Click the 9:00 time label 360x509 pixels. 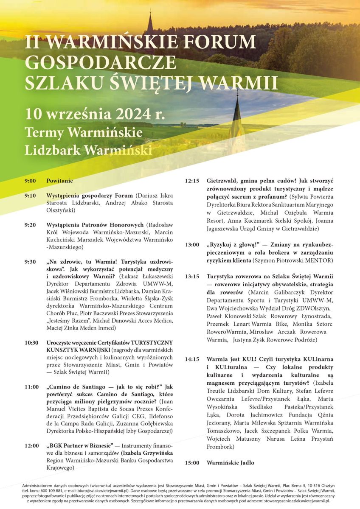[x=30, y=181]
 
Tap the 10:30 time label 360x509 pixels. [x=31, y=343]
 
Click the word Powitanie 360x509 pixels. [x=59, y=181]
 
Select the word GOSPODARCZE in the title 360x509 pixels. [x=100, y=62]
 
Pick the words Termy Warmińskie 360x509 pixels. [x=84, y=132]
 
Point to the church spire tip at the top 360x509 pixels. [x=150, y=14]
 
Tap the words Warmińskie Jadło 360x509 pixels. [x=230, y=463]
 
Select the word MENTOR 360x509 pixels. [x=318, y=260]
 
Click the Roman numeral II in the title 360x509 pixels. [x=32, y=42]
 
